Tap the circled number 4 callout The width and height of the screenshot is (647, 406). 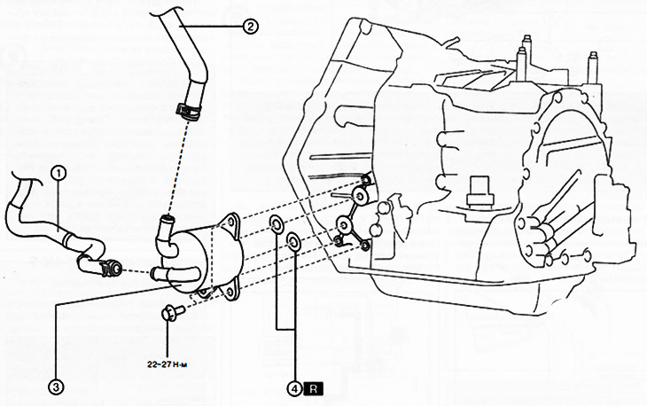293,387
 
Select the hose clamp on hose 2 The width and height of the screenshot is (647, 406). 186,110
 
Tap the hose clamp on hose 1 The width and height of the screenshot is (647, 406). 112,264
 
